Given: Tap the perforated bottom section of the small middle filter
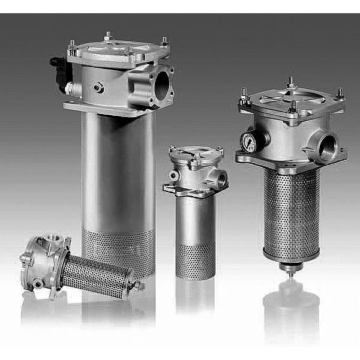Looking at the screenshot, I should click(194, 260).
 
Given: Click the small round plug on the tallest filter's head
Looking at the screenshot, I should click(97, 88).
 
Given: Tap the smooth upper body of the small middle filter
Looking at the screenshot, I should click(194, 219).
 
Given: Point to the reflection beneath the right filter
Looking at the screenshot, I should click(292, 306).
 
